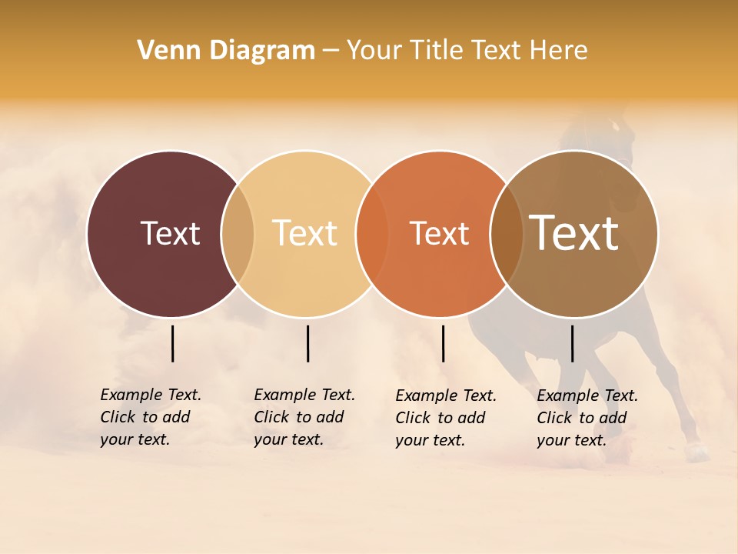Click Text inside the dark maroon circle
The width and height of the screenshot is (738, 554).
[170, 233]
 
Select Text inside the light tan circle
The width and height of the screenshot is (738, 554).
[305, 233]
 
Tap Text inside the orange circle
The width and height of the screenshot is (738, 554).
[440, 233]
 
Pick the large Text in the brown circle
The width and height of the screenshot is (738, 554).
[574, 233]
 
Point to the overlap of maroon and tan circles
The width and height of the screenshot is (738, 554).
[238, 233]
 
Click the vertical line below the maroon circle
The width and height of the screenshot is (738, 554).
[172, 343]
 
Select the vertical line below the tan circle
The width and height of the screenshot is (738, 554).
[307, 343]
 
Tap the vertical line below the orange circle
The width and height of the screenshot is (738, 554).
[443, 343]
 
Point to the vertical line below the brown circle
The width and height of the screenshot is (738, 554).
[572, 343]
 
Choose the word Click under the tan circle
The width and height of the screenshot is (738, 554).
[272, 417]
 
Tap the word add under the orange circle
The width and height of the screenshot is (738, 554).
[470, 418]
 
